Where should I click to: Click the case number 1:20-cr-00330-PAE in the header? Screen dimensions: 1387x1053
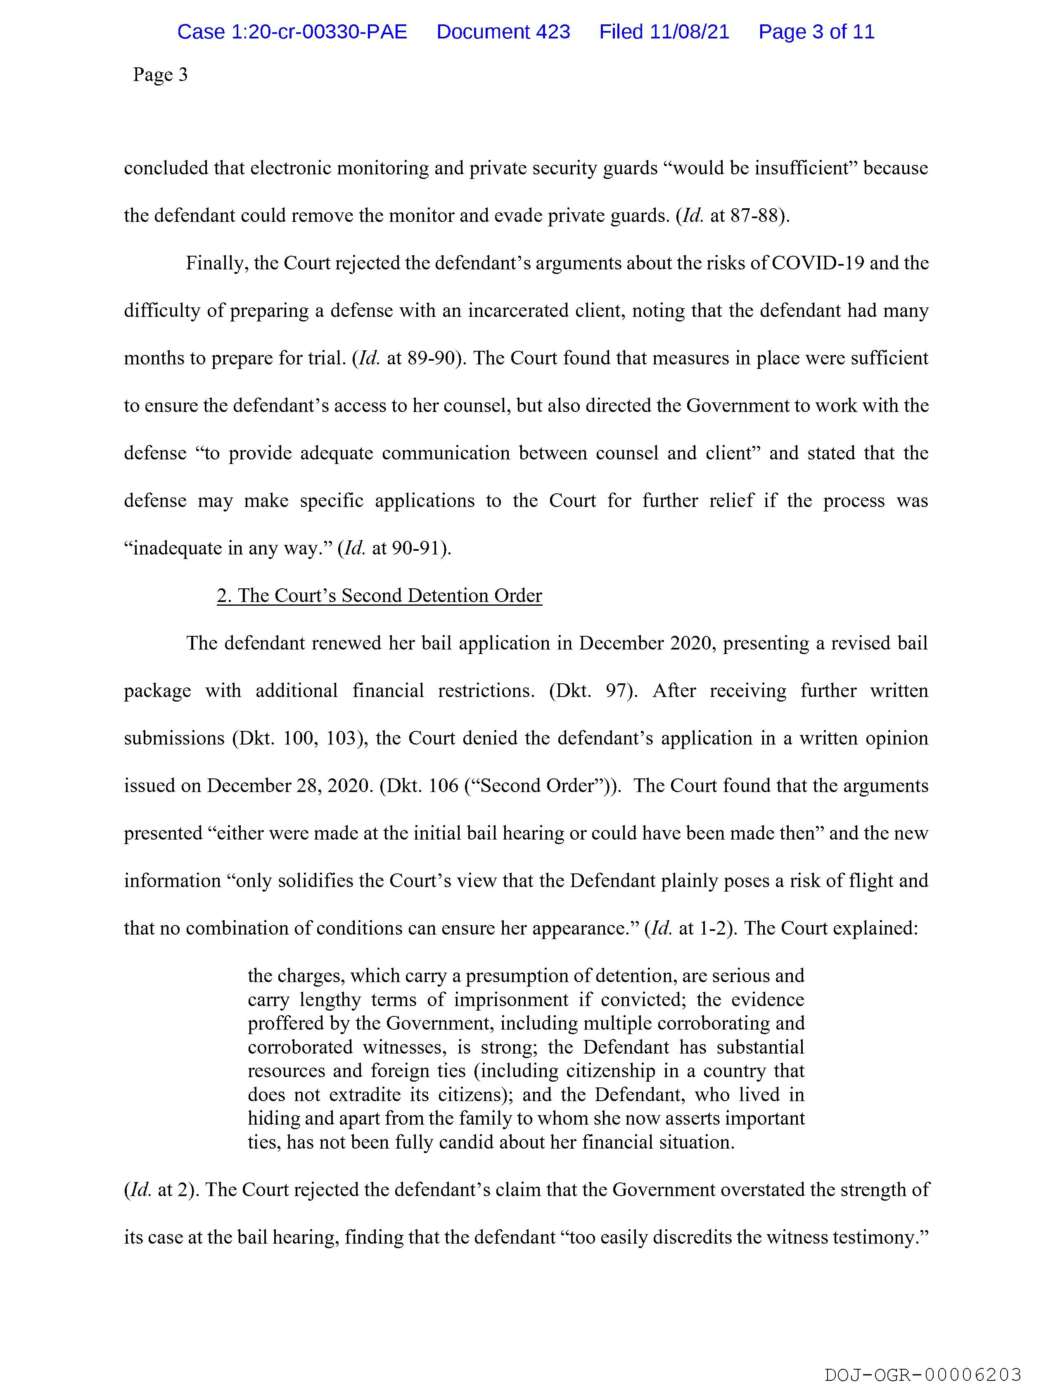pos(292,32)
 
